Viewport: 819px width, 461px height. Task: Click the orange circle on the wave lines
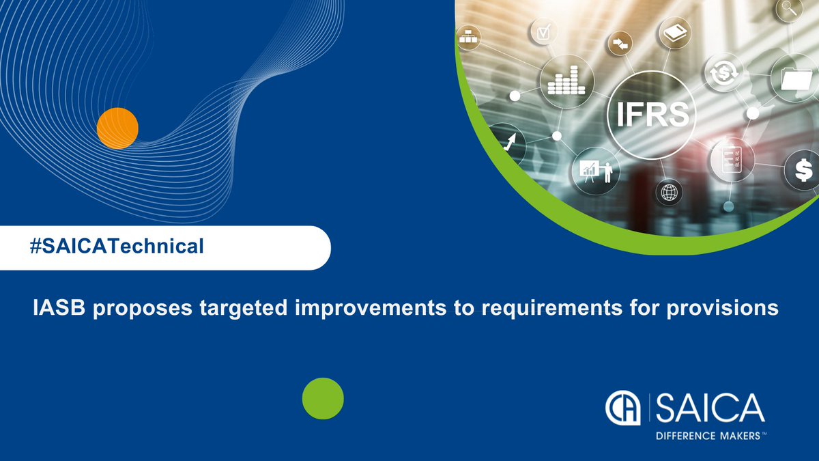[117, 128]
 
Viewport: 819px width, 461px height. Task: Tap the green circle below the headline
[323, 398]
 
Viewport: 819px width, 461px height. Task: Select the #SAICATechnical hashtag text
[117, 247]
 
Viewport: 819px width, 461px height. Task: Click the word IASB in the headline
[56, 309]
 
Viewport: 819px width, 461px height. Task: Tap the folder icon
[794, 79]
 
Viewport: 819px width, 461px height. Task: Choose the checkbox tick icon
[544, 31]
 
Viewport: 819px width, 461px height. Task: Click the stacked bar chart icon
[566, 81]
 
